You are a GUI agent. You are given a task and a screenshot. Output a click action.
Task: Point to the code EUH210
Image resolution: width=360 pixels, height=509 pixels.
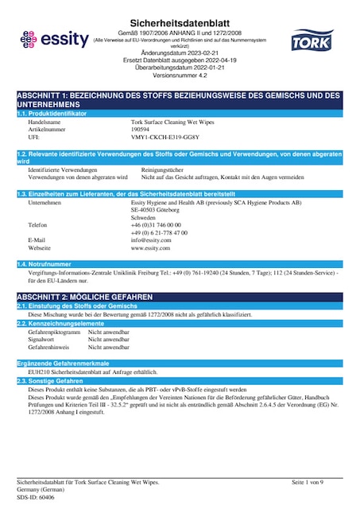[x=39, y=372]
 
